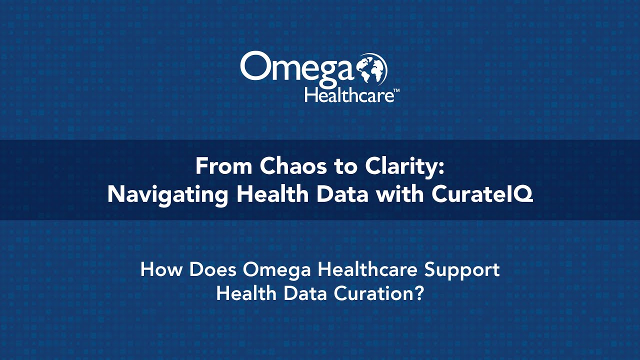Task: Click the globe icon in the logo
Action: tap(372, 69)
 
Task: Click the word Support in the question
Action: tap(462, 270)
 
